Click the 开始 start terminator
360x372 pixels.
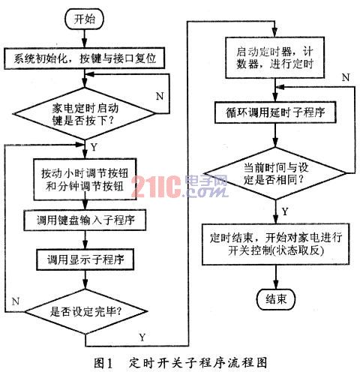[x=84, y=19]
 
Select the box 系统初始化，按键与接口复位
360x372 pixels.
[x=85, y=58]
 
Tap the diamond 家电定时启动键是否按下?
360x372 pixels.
[x=85, y=114]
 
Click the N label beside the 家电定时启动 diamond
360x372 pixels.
[x=160, y=96]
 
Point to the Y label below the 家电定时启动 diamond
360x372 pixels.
[x=94, y=147]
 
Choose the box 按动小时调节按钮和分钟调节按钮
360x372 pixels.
[x=85, y=179]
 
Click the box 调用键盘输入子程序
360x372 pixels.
[x=85, y=220]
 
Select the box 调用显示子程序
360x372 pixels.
[x=85, y=259]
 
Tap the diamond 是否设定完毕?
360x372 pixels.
[x=85, y=312]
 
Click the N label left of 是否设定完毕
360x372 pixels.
[x=16, y=301]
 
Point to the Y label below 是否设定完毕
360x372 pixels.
[x=142, y=337]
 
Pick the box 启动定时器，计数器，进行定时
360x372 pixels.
[x=275, y=58]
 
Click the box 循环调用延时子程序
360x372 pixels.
[x=275, y=112]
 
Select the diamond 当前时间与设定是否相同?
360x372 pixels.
[x=275, y=173]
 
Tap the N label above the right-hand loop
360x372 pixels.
[x=346, y=77]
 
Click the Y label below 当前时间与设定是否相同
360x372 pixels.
[x=285, y=211]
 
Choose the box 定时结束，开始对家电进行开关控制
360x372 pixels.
[x=275, y=244]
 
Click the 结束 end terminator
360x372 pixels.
[x=276, y=299]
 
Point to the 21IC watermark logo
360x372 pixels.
[x=179, y=186]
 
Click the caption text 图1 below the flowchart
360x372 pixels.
[x=103, y=363]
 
